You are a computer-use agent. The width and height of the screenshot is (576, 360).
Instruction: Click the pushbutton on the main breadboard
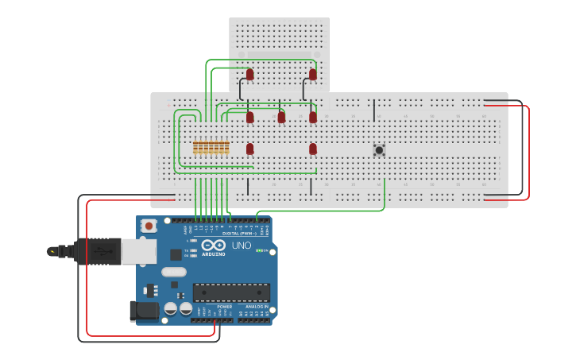tap(379, 149)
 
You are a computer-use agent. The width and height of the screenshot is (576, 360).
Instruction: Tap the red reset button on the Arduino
tap(148, 226)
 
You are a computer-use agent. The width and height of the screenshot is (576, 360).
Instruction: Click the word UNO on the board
tap(241, 246)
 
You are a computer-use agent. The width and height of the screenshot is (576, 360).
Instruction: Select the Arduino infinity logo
tap(213, 246)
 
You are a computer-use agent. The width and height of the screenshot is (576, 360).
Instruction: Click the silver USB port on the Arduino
tap(138, 252)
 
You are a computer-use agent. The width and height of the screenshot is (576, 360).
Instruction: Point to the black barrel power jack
tap(144, 311)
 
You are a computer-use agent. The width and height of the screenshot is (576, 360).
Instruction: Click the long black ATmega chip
tap(231, 292)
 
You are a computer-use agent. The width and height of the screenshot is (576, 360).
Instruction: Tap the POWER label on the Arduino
tap(225, 306)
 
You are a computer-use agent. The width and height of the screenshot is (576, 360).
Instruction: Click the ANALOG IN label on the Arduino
tap(257, 306)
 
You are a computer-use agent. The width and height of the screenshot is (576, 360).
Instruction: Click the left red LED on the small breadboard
tap(249, 74)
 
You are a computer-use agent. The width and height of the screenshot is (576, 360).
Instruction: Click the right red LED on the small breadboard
tap(312, 74)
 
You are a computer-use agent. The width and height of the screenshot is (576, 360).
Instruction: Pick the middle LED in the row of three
tap(281, 117)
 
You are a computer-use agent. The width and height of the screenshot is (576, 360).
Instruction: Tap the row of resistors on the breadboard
tap(211, 148)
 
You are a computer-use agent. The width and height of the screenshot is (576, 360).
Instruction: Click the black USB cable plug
tap(95, 251)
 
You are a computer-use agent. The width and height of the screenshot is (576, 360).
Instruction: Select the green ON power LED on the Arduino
tap(257, 250)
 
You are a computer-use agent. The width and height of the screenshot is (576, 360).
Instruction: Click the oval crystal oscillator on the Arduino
tap(173, 272)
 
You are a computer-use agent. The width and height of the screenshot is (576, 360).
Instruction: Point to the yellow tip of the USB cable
tap(52, 251)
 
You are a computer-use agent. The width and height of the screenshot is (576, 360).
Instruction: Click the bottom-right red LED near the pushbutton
tap(312, 149)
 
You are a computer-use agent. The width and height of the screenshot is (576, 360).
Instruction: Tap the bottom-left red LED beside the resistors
tap(249, 149)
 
